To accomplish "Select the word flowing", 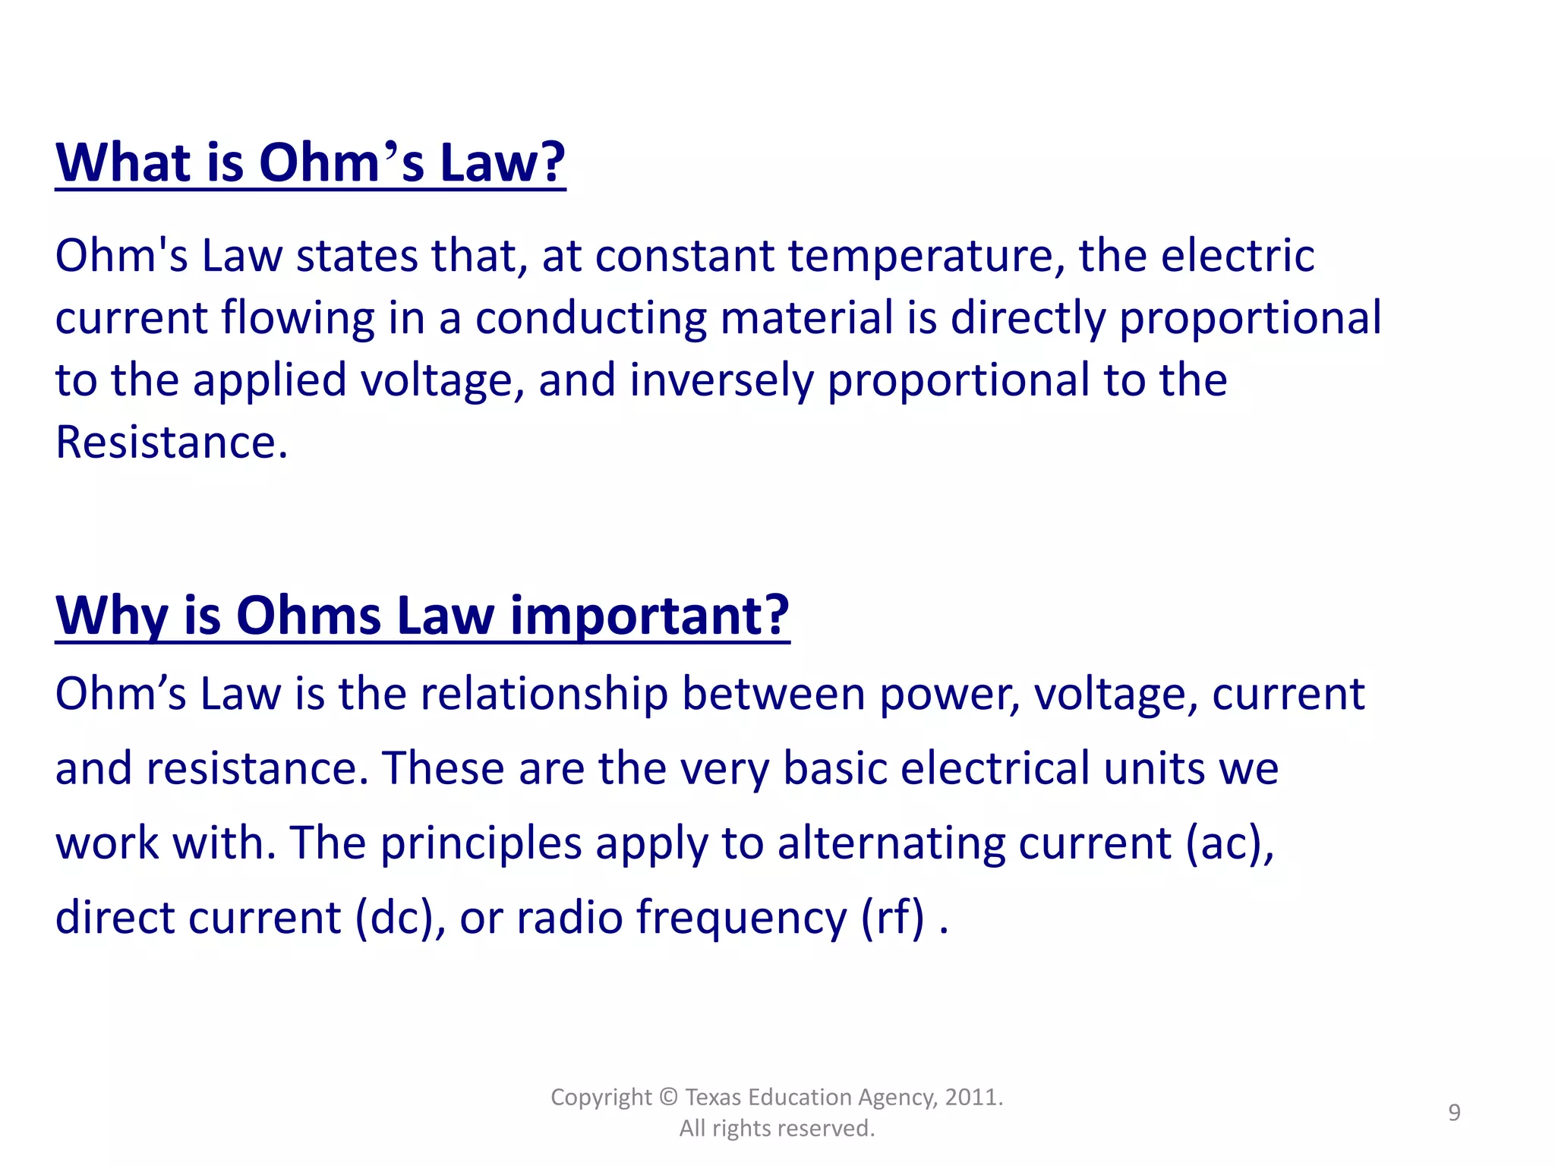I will click(x=298, y=318).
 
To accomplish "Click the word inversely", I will click(x=721, y=380).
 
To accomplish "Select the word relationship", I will click(x=544, y=695).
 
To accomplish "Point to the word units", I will click(x=1154, y=768).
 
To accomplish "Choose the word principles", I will click(x=480, y=843).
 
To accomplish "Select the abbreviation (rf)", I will click(x=893, y=917).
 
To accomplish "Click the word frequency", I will click(x=741, y=917).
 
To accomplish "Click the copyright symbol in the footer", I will click(x=668, y=1098).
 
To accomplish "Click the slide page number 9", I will click(x=1454, y=1113).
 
